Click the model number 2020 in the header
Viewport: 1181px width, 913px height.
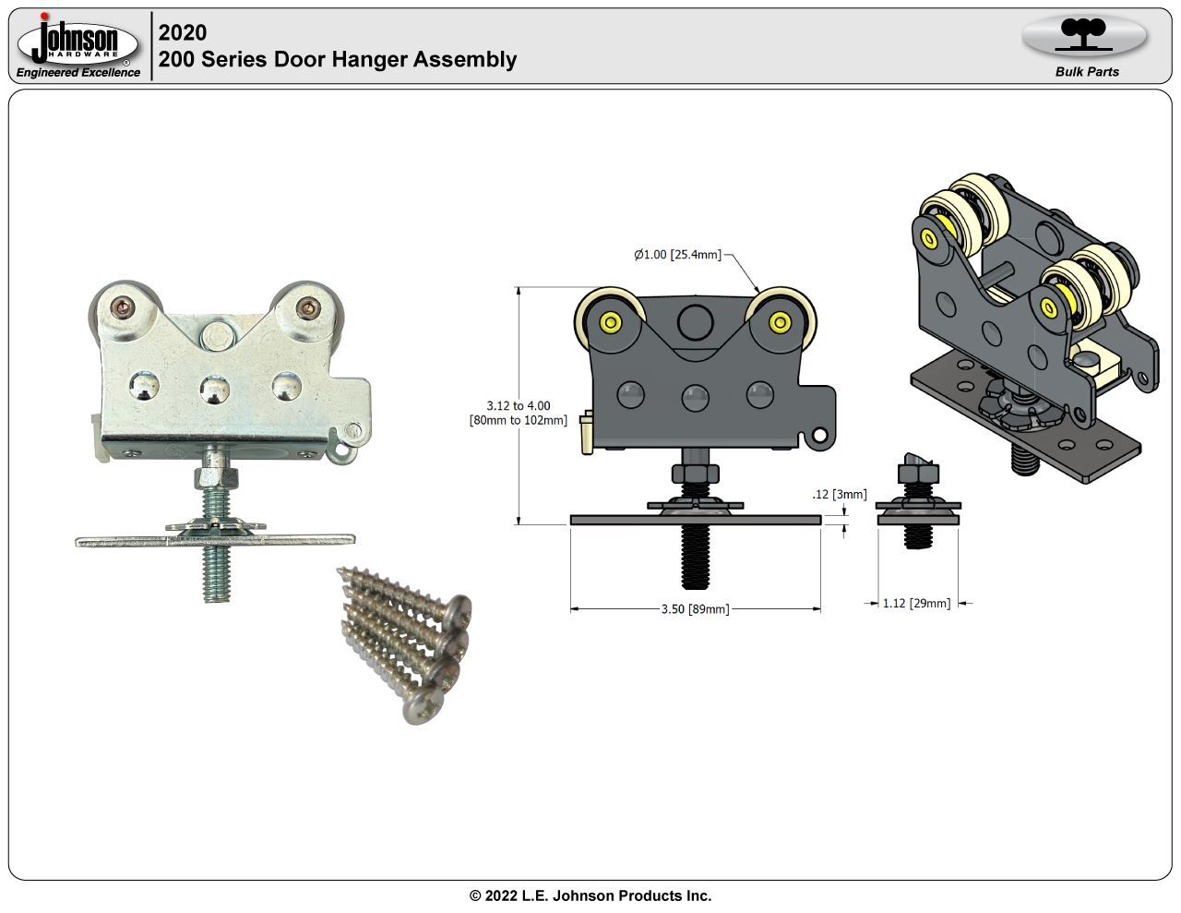coord(183,32)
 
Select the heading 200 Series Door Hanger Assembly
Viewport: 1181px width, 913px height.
coord(338,59)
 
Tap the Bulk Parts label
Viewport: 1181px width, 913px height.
coord(1087,72)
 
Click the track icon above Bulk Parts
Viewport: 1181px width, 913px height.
coord(1084,35)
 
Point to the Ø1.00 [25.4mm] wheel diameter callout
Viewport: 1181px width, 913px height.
coord(677,255)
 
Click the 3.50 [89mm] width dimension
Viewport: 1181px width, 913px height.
coord(695,609)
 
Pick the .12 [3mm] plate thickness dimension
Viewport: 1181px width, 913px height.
coord(840,495)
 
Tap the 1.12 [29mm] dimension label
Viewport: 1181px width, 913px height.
coord(916,604)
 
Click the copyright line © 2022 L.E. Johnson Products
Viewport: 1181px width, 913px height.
coord(590,895)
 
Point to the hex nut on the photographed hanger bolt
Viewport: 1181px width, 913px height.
coord(217,478)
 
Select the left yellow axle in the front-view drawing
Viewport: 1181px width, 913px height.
coord(610,322)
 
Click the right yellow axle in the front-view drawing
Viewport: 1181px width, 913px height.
coord(781,322)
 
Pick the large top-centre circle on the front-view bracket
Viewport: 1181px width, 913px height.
coord(696,321)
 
